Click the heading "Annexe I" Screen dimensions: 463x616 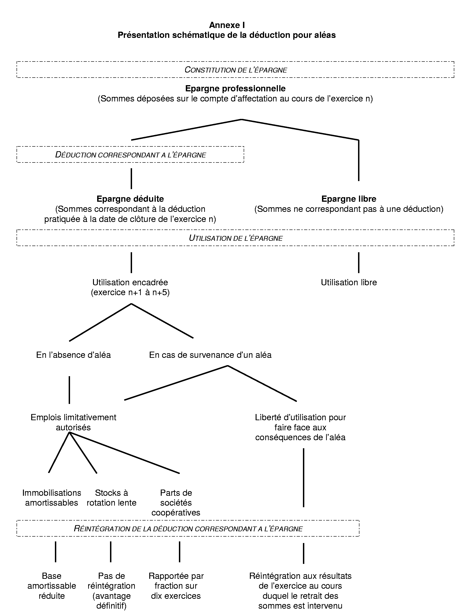coord(227,25)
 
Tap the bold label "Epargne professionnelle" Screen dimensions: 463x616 coord(235,89)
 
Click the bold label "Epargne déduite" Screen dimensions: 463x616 coord(130,199)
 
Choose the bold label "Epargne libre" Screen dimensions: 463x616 coord(349,199)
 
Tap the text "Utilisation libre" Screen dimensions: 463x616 coord(349,282)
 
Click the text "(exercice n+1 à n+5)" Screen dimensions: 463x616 coord(130,292)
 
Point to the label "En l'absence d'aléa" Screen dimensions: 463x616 coord(73,355)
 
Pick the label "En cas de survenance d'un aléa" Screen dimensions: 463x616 coord(210,355)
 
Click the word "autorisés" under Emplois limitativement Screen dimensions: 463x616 coord(73,427)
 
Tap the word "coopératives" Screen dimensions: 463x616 coord(176,513)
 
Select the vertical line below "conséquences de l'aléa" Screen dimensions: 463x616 coord(303,478)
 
